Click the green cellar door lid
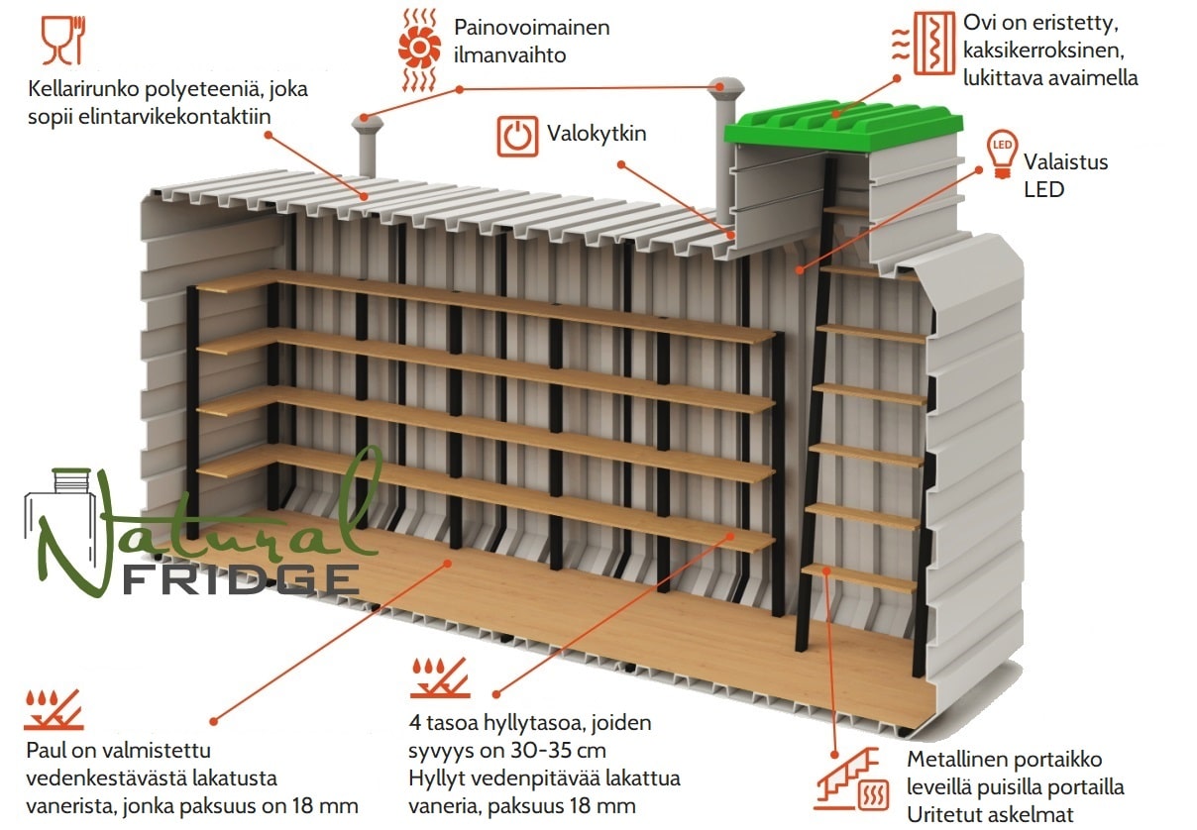843,125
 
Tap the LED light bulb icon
1002,154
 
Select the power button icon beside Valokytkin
517,137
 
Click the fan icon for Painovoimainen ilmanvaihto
419,50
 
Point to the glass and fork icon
63,40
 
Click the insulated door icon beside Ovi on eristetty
924,44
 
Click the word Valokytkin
597,134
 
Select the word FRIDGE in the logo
241,579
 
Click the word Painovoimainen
532,28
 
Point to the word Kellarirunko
83,89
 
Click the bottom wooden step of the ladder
859,577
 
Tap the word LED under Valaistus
1043,189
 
